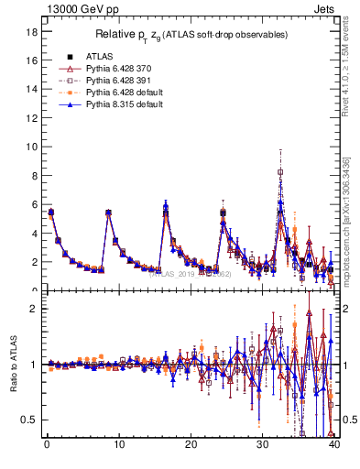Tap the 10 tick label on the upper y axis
(30, 147)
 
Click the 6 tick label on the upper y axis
(32, 204)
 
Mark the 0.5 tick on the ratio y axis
(28, 420)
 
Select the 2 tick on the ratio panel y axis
(32, 309)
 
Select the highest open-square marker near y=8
(280, 171)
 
